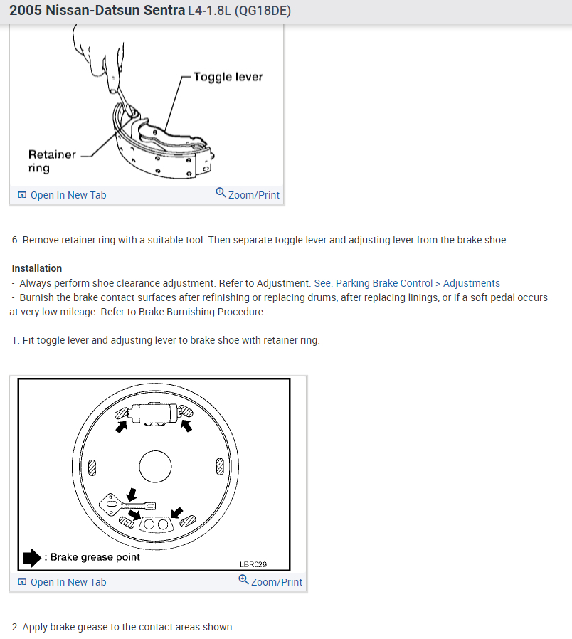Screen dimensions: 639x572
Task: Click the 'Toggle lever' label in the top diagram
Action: pyautogui.click(x=228, y=76)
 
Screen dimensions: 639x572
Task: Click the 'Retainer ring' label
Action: pyautogui.click(x=51, y=161)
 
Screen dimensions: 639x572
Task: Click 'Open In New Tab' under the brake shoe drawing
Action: pyautogui.click(x=68, y=194)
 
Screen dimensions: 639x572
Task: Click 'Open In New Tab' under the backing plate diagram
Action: pyautogui.click(x=68, y=581)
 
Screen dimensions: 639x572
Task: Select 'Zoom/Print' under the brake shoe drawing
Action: pyautogui.click(x=253, y=194)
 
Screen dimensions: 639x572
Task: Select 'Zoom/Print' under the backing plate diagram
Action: pyautogui.click(x=276, y=581)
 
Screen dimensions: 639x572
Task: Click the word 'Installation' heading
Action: pyautogui.click(x=37, y=268)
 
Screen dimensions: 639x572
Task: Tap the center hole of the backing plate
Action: pyautogui.click(x=156, y=467)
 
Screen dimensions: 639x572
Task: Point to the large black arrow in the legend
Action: pyautogui.click(x=33, y=557)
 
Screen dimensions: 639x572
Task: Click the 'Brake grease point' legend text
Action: pyautogui.click(x=95, y=557)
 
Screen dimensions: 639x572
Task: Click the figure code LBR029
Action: pyautogui.click(x=253, y=565)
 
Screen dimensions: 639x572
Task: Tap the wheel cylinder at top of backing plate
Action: pyautogui.click(x=154, y=412)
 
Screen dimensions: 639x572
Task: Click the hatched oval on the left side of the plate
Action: pyautogui.click(x=92, y=467)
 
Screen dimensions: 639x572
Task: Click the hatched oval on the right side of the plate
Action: pyautogui.click(x=220, y=467)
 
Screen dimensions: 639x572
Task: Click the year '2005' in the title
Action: pyautogui.click(x=25, y=11)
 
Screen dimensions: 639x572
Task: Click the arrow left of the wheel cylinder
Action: pyautogui.click(x=122, y=426)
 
